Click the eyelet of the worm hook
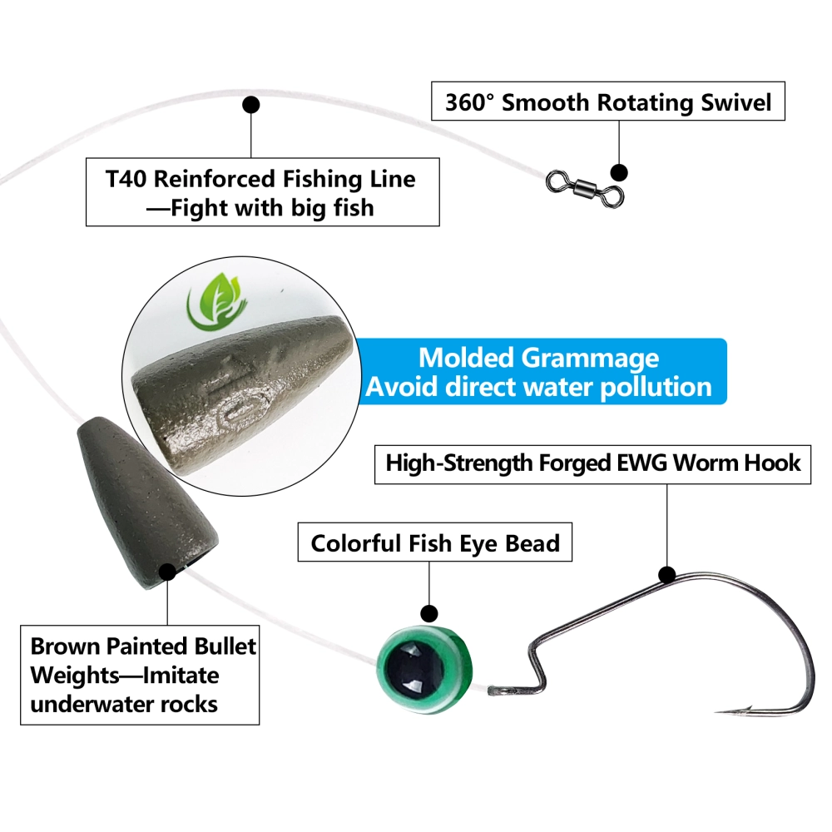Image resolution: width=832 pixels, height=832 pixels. [x=496, y=690]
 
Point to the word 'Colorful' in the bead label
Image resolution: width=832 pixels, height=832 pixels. [x=354, y=544]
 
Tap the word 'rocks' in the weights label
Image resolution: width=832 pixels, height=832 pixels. [x=188, y=704]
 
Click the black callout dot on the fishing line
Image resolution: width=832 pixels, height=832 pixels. [x=250, y=105]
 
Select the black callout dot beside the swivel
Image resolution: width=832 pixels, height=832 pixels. [x=618, y=172]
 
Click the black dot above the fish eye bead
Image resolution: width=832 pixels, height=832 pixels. [x=429, y=614]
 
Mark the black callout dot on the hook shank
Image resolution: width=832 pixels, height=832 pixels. [x=666, y=574]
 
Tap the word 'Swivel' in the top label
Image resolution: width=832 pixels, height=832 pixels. [x=731, y=103]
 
